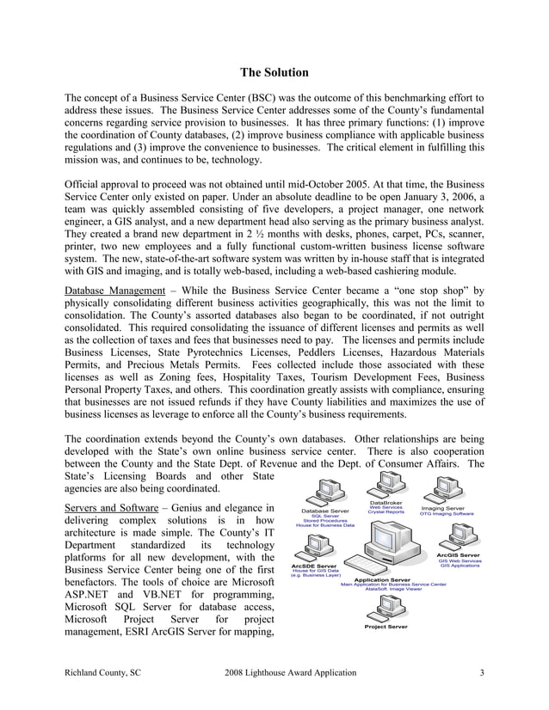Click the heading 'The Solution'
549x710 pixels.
(x=274, y=72)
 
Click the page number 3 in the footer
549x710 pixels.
(x=482, y=671)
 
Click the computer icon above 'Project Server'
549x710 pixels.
(x=386, y=606)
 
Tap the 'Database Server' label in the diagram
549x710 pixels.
(x=324, y=510)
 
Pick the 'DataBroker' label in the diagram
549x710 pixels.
(x=386, y=502)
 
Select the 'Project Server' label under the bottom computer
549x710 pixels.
(x=386, y=627)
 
